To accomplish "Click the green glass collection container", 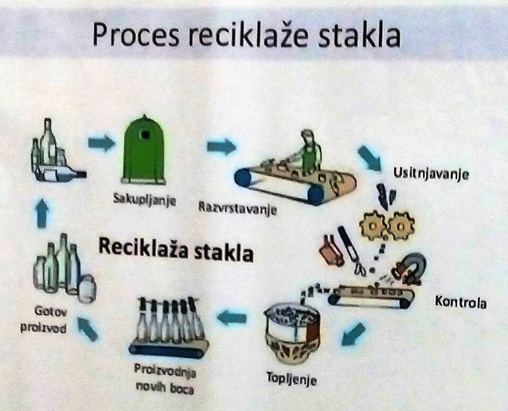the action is click(x=144, y=150).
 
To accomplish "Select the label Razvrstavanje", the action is click(x=237, y=208).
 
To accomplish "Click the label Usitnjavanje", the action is click(x=431, y=173).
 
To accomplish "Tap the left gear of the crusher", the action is click(x=373, y=225).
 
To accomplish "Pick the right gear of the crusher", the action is click(x=401, y=225).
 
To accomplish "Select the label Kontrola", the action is click(x=460, y=302).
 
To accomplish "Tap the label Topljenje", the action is click(x=291, y=378).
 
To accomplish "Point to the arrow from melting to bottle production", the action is click(x=231, y=317).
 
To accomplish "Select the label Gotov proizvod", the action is click(x=44, y=320).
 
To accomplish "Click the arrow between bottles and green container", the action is click(x=101, y=143).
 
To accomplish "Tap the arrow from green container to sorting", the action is click(x=221, y=146).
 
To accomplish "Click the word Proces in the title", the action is click(x=136, y=34).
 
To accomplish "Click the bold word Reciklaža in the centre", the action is click(x=143, y=248).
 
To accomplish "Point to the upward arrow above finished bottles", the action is click(x=42, y=213).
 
